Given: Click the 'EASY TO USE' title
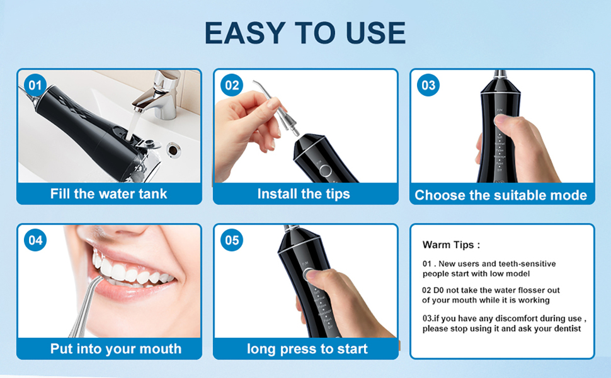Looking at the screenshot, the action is [305, 33].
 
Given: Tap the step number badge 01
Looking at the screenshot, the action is [35, 85].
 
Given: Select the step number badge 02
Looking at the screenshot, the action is [232, 85].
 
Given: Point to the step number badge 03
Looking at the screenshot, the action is [428, 85].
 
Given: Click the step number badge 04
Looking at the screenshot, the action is [35, 240].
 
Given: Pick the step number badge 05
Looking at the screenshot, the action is [232, 240].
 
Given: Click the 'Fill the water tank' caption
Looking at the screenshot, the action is [109, 193].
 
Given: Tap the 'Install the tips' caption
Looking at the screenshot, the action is [304, 193].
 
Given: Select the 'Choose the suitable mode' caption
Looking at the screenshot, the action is [501, 195].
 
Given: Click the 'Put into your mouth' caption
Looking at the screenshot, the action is [116, 348].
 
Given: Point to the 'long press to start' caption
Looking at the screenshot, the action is [307, 348].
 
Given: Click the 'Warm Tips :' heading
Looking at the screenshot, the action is [451, 244].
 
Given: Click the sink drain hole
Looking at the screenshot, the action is [173, 149].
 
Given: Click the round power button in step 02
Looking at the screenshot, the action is [324, 171].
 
